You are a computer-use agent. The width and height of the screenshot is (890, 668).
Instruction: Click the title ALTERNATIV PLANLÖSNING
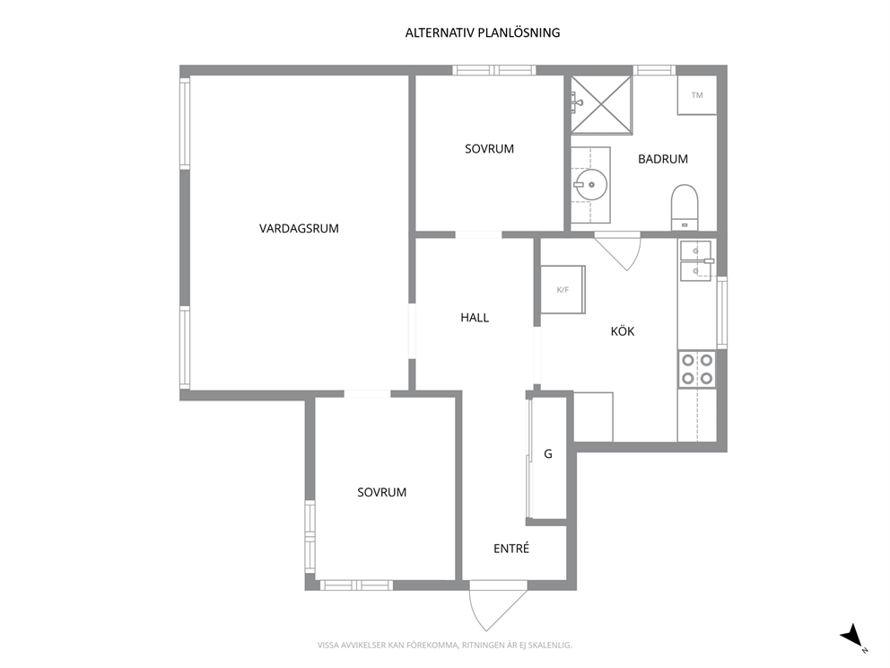(x=483, y=33)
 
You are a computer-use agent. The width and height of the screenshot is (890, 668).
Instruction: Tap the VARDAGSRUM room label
(x=299, y=228)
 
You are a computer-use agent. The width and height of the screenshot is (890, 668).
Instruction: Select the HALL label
(x=475, y=318)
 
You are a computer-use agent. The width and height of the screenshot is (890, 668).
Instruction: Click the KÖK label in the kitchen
(x=623, y=330)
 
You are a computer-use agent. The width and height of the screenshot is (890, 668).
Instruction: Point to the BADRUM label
(x=663, y=159)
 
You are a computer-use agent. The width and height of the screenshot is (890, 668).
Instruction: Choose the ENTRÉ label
(x=511, y=548)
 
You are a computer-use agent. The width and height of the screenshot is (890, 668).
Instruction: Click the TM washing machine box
(x=697, y=95)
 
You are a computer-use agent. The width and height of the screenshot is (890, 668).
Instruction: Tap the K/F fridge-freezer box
(x=563, y=289)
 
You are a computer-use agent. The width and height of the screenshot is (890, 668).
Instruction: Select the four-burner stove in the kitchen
(x=697, y=369)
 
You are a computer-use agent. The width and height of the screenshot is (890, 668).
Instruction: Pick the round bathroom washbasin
(x=590, y=185)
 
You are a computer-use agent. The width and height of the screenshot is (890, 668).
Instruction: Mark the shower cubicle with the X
(x=601, y=105)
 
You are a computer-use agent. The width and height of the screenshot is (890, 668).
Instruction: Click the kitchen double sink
(x=696, y=260)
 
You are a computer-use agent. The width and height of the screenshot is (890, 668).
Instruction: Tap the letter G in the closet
(x=548, y=453)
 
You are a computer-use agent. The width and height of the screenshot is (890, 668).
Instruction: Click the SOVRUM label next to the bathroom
(x=489, y=149)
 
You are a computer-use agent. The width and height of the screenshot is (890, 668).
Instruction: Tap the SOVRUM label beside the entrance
(x=381, y=493)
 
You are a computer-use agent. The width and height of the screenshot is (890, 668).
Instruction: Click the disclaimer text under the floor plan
(x=444, y=646)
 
